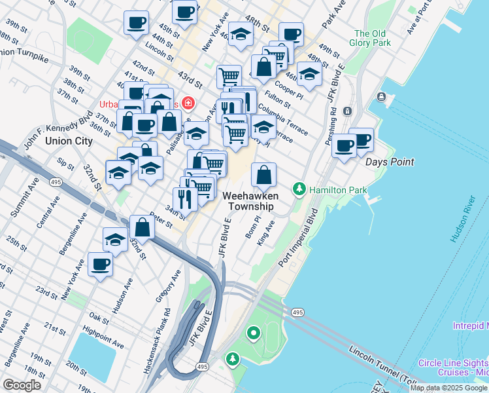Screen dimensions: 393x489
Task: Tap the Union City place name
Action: pos(68,141)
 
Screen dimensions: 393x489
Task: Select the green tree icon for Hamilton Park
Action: pos(299,189)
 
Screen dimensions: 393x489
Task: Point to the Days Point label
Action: pos(390,162)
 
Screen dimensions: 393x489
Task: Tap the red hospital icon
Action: pos(188,103)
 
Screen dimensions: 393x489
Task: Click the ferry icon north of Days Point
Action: pos(381,97)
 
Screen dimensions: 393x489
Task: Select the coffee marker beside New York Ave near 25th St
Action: pos(100,265)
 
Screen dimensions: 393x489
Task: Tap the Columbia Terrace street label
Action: pos(282,120)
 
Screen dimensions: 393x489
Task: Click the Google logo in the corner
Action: pos(22,385)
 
